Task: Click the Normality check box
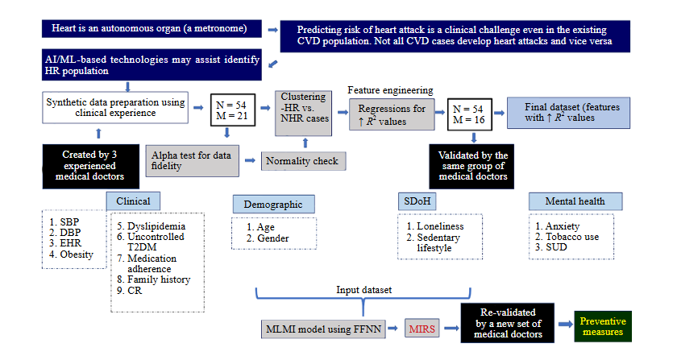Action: click(x=302, y=160)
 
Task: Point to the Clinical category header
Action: click(x=133, y=201)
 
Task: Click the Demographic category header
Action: click(x=273, y=205)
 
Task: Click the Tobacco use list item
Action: click(x=572, y=237)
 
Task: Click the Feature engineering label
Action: click(x=390, y=90)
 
